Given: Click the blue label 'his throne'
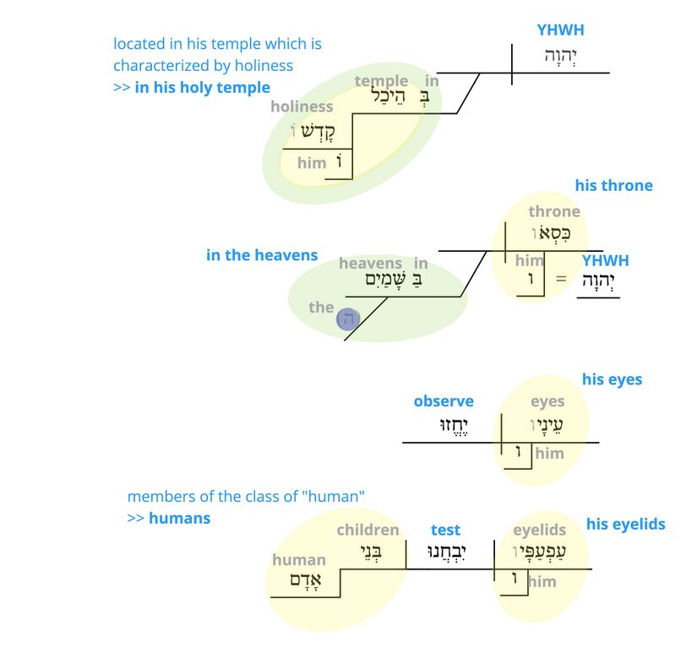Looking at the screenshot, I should point(613,185).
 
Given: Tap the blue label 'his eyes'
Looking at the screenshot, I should point(612,379).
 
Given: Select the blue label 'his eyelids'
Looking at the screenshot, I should point(625,524).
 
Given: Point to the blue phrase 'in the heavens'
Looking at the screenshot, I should point(262,254).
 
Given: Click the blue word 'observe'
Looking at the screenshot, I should point(444,401).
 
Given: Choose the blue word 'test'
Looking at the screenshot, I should point(445,530).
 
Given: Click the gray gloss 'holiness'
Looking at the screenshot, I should point(302,106).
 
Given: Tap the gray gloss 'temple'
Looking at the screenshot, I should point(381,81).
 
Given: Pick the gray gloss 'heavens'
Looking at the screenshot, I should point(370,264).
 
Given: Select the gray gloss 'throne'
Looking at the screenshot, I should point(554,211).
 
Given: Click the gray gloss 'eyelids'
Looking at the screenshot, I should point(540,530).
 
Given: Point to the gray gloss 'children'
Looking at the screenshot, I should point(368,530).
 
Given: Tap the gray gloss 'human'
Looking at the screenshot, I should point(298,559).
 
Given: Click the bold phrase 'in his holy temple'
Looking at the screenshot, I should point(202,87).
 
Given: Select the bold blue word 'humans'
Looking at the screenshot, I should point(179,517).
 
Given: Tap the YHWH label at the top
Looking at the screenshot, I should point(560,30).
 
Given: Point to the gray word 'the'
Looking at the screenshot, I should point(321,307).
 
